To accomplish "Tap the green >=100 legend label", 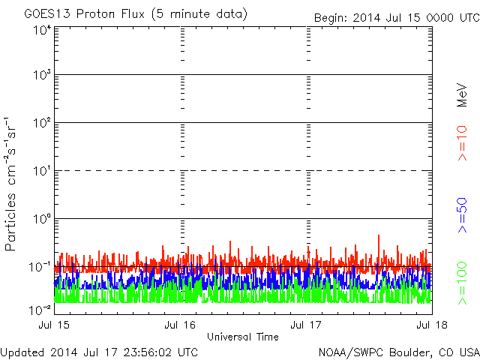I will click(463, 282).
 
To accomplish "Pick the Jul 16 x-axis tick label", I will click(180, 325).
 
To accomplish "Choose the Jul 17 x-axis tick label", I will click(307, 325).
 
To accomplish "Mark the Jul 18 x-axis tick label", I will click(431, 325).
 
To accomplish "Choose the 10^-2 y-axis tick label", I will click(40, 308).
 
